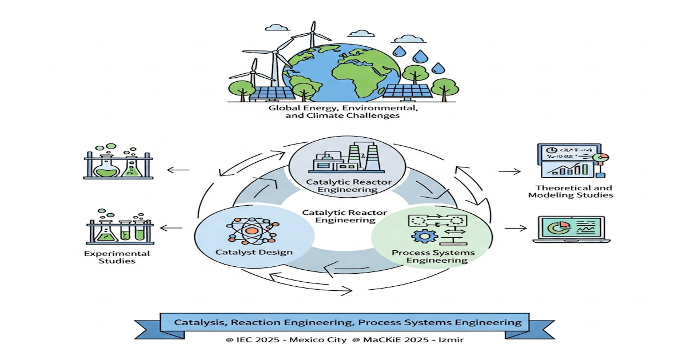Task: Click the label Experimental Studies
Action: tap(117, 257)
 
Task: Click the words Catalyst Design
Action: tap(254, 252)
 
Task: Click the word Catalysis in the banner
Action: tap(200, 323)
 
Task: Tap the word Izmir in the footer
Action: tap(448, 340)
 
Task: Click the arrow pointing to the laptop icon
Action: tap(515, 228)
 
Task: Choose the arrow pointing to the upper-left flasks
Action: tap(178, 169)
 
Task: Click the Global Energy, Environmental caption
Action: tap(344, 109)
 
